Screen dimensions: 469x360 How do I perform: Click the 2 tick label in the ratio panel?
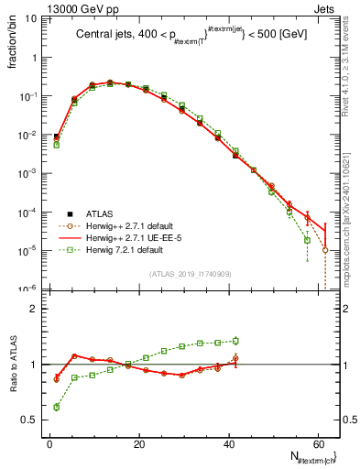(x=34, y=310)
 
